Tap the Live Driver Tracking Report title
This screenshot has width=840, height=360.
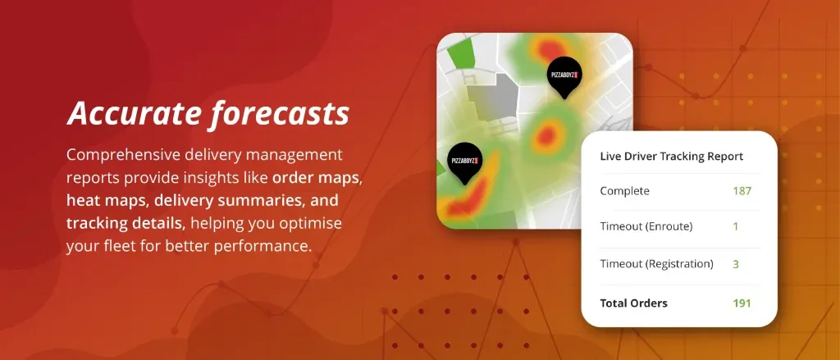[x=672, y=157]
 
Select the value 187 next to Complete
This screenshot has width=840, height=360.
[x=742, y=191]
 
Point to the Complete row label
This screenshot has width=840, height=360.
[x=624, y=191]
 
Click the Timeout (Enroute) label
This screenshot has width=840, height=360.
[x=646, y=226]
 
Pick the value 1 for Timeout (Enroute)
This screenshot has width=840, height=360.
[x=736, y=226]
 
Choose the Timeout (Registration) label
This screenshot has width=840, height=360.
[x=657, y=263]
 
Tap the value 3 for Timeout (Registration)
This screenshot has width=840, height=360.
[x=736, y=263]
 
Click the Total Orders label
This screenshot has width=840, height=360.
[x=634, y=303]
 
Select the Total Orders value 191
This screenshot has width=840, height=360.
[x=742, y=303]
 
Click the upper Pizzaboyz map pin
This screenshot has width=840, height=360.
[x=564, y=77]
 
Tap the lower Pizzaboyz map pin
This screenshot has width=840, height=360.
[x=464, y=162]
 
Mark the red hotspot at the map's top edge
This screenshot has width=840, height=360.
[x=548, y=50]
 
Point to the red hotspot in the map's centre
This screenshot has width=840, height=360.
[x=546, y=135]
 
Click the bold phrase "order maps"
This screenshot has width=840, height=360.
[x=315, y=179]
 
